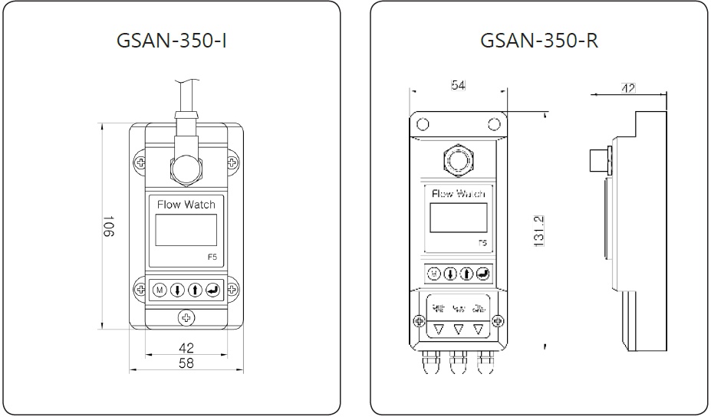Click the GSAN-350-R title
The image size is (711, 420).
[x=538, y=39]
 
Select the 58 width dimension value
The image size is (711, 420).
[x=186, y=363]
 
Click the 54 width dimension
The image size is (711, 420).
[x=458, y=85]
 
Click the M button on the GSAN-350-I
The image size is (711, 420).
[x=160, y=290]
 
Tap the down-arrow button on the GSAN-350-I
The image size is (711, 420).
[x=176, y=290]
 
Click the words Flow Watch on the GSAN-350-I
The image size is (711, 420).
[x=186, y=205]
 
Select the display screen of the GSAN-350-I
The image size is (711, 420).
[x=186, y=230]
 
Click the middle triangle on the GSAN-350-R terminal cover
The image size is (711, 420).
[x=459, y=330]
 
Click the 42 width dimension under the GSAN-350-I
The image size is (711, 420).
[x=186, y=347]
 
